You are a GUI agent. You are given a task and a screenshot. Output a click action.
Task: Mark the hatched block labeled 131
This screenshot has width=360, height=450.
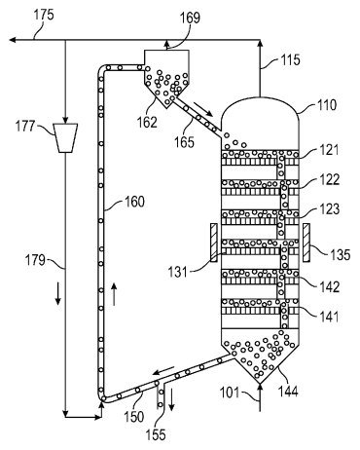point(212,243)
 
